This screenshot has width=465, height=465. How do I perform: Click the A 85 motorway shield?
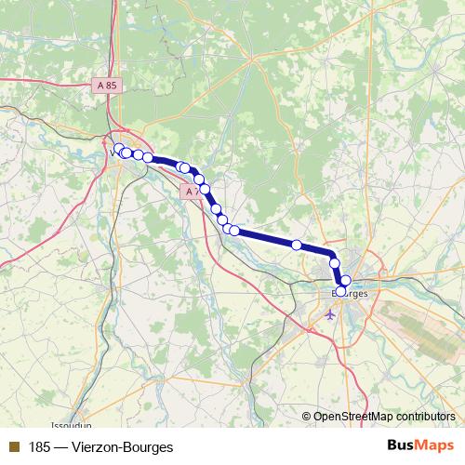tap(106, 85)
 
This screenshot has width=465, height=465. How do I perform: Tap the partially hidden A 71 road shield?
tap(190, 192)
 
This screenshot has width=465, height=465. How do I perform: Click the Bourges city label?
tap(350, 294)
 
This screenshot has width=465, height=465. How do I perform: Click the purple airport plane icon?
tap(329, 313)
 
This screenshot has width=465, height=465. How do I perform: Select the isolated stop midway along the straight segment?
tap(297, 245)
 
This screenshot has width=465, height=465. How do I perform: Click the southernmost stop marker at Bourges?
tap(340, 290)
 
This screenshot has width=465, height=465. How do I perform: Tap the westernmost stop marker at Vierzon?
tap(120, 149)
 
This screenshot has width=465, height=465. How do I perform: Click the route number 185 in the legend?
tap(40, 445)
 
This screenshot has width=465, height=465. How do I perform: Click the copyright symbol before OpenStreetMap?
tap(307, 418)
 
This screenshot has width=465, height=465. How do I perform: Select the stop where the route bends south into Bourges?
tap(333, 263)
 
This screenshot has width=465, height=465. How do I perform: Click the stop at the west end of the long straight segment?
tap(234, 230)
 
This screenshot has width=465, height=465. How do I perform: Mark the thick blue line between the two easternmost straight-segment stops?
tap(314, 248)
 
